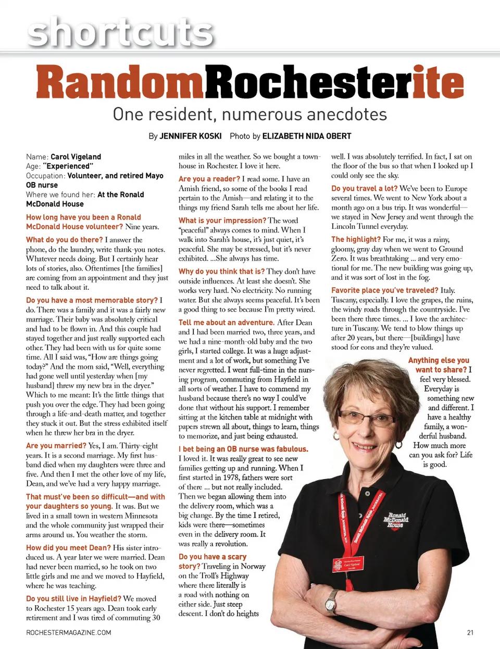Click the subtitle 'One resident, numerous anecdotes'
pos(249,114)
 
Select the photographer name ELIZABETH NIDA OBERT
pos(306,136)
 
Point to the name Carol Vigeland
pos(76,156)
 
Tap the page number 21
pos(470,632)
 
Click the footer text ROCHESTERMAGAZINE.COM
pos(68,632)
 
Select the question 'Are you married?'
pos(56,446)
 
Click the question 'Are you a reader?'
pos(209,179)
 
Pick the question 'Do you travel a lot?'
pos(364,188)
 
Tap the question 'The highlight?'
pos(356,239)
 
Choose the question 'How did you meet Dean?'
pos(68,548)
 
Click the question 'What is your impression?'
pos(222,221)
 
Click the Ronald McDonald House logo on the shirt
pos(396,520)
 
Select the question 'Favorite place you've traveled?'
pos(385,290)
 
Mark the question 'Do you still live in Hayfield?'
pos(73,598)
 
